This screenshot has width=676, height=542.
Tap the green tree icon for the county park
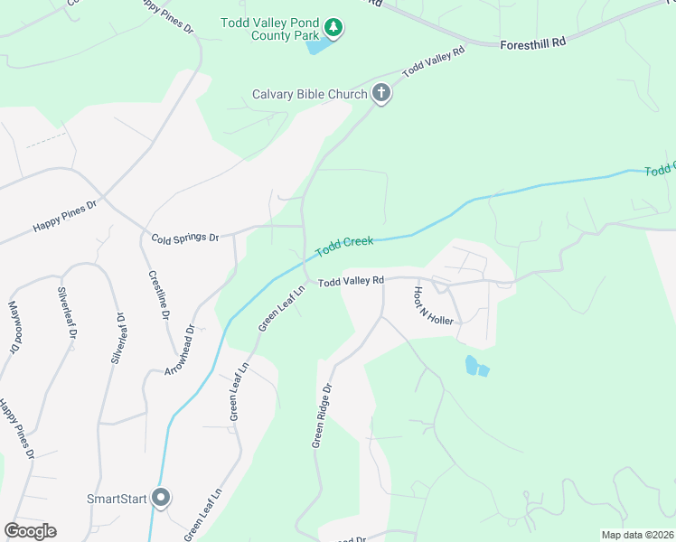[x=334, y=28]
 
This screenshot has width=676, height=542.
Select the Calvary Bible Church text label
[x=309, y=94]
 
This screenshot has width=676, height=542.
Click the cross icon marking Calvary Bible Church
[x=381, y=93]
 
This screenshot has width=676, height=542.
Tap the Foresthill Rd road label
[x=532, y=42]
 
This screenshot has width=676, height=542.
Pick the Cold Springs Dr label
[x=185, y=238]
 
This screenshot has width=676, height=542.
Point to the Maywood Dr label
[x=14, y=327]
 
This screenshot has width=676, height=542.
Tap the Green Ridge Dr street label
[x=323, y=415]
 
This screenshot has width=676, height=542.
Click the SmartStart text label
[x=116, y=498]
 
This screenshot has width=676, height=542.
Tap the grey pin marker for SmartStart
[x=161, y=497]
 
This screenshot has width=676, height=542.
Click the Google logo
[x=30, y=531]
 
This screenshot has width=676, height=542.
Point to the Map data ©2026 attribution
[x=636, y=535]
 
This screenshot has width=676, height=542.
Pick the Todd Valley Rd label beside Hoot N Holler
[x=351, y=282]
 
